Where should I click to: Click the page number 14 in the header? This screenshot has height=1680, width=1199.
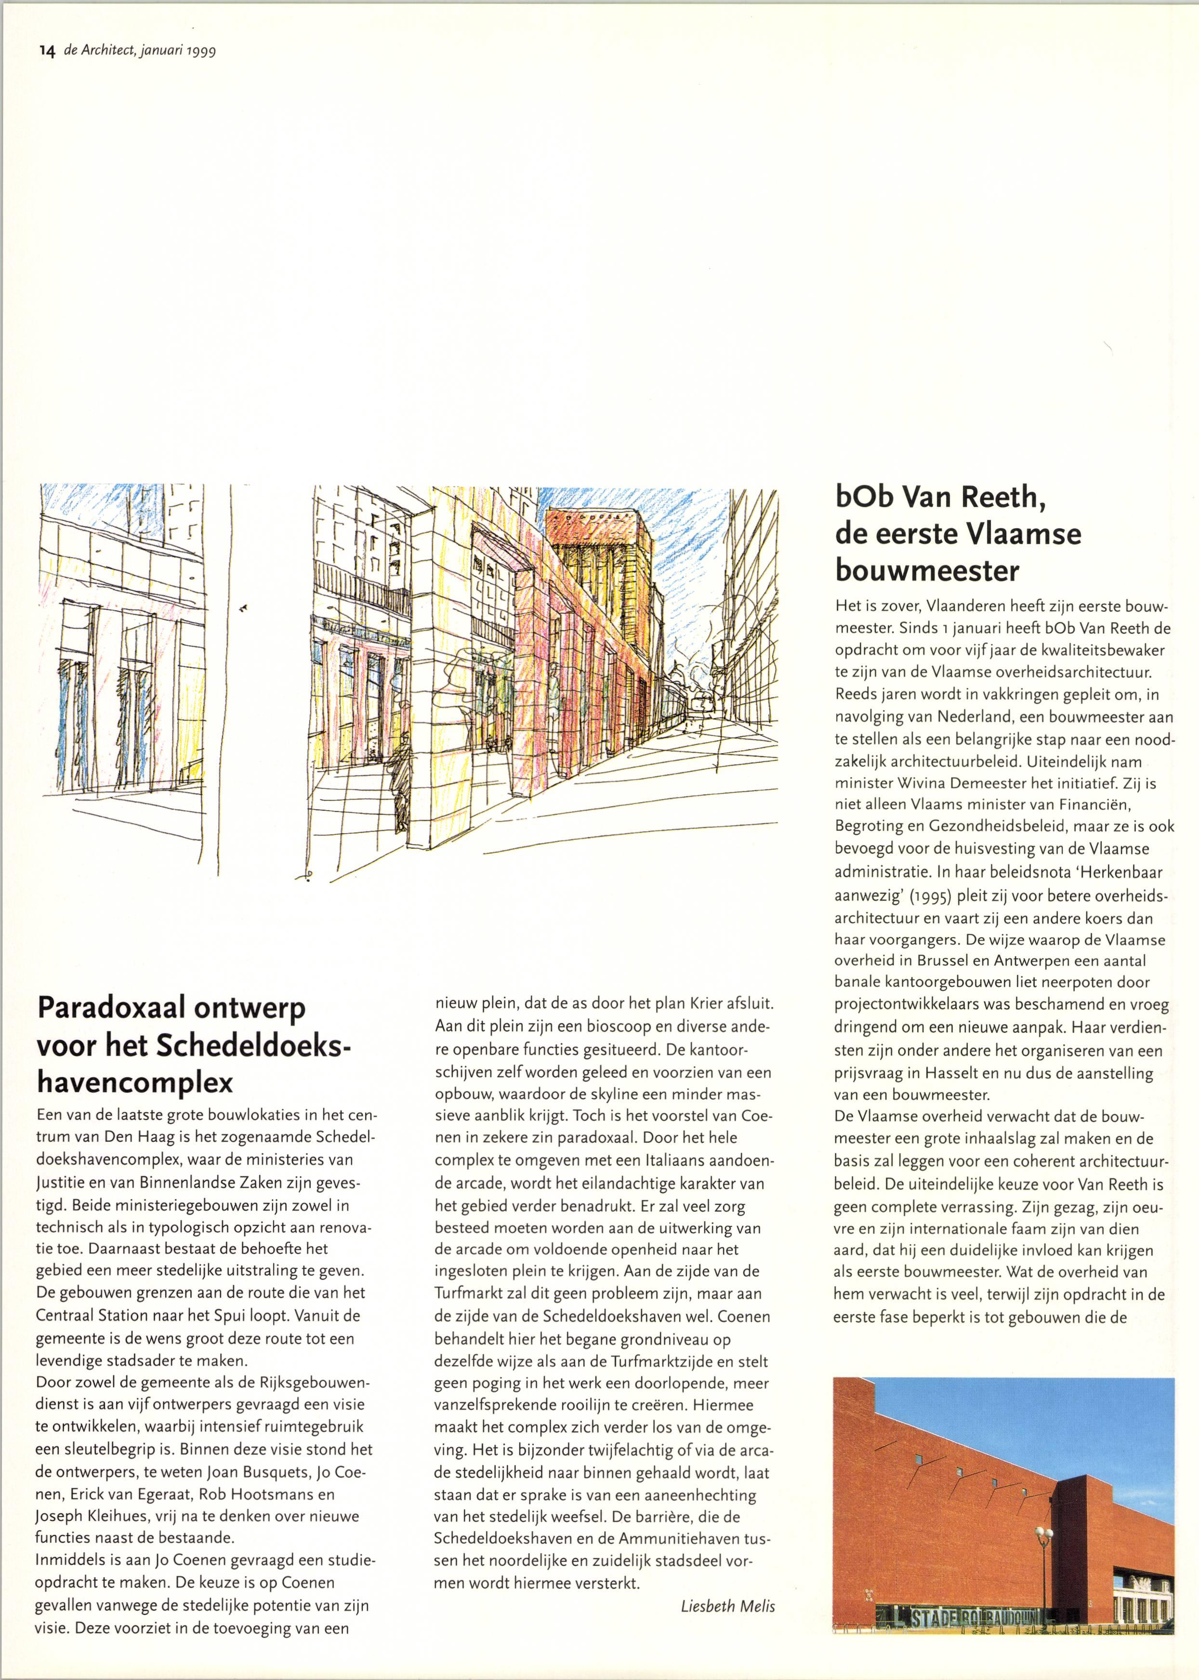coord(47,51)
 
